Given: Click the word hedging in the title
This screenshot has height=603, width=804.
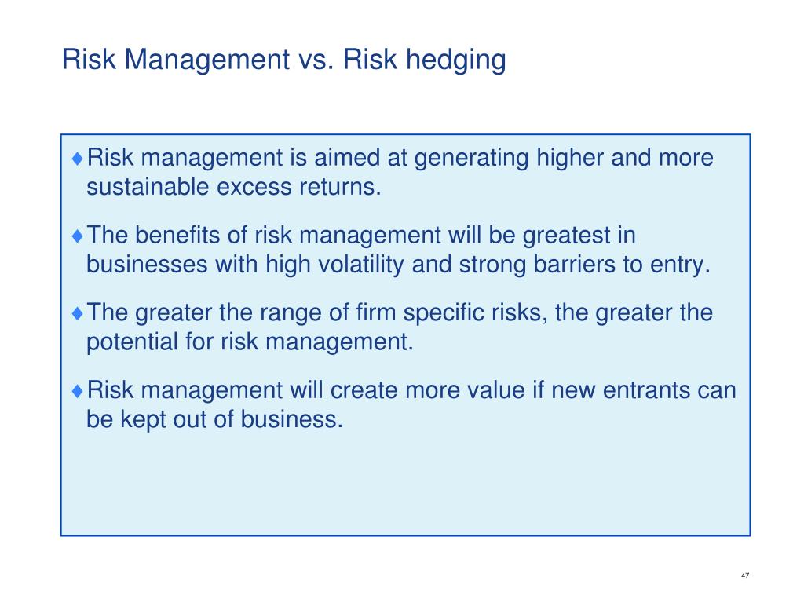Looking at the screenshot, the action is tap(456, 60).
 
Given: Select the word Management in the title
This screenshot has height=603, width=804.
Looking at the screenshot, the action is tap(206, 60).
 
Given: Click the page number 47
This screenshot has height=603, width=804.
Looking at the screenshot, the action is tap(745, 576).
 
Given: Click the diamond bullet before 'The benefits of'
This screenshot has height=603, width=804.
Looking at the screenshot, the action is tap(78, 236).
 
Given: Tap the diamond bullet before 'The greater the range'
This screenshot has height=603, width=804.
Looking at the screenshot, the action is tap(78, 312).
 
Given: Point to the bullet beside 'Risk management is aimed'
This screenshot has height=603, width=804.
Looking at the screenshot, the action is tap(78, 158).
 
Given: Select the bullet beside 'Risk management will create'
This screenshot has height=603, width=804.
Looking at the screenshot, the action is tap(78, 391).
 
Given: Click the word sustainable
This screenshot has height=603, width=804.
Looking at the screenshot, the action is tap(148, 187).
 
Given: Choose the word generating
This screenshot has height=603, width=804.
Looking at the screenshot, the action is tap(471, 159).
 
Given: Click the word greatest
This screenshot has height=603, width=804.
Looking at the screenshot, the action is tap(565, 236).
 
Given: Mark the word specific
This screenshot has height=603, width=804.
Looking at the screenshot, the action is tap(444, 313).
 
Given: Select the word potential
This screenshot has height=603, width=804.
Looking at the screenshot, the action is tap(132, 342).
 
